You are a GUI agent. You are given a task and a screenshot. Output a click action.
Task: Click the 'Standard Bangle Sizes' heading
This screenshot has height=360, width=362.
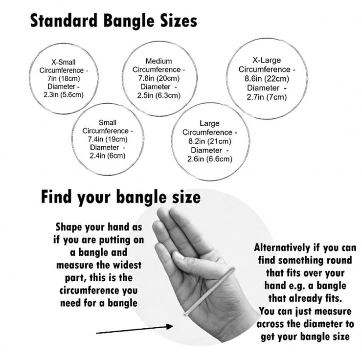click(113, 21)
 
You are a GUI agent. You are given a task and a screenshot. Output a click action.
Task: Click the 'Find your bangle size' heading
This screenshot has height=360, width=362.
click(120, 197)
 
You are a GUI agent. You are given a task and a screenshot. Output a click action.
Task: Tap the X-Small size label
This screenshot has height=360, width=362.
click(63, 62)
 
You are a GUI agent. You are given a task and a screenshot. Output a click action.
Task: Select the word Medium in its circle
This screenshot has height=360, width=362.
click(159, 61)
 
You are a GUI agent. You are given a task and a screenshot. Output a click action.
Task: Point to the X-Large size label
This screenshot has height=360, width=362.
click(267, 61)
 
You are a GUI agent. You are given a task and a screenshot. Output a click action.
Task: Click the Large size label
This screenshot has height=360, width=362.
click(209, 124)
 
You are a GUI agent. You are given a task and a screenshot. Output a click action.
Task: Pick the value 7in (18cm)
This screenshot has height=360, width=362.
click(63, 78)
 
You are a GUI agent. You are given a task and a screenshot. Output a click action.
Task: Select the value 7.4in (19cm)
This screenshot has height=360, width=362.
click(108, 139)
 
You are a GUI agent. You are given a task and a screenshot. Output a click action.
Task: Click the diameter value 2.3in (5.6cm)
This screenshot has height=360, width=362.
click(63, 94)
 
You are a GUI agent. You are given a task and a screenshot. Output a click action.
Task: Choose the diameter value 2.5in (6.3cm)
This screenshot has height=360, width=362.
click(159, 95)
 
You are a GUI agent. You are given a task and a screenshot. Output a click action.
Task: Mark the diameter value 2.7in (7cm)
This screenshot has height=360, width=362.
click(267, 97)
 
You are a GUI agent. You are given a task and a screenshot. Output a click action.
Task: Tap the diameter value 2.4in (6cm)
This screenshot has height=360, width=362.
click(108, 156)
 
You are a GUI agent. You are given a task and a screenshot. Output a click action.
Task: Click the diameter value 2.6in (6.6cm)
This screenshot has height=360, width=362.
click(209, 158)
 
